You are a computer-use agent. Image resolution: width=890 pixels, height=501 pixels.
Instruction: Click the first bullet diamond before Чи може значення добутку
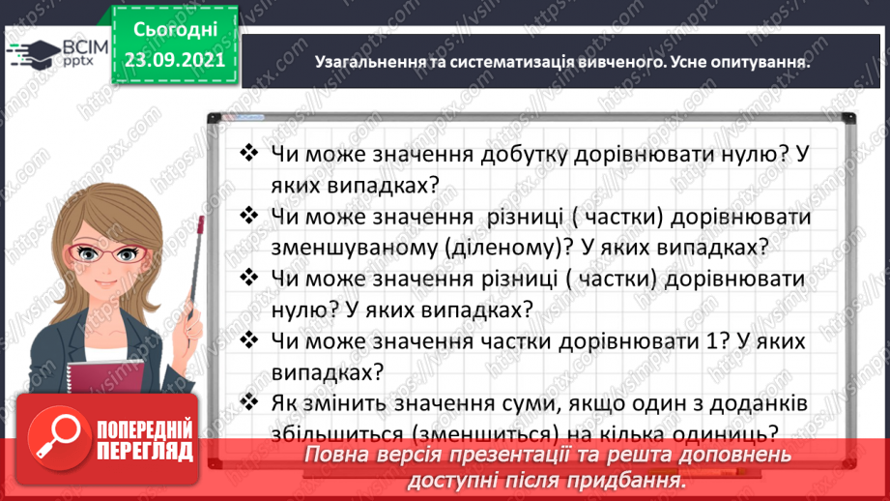[x=249, y=153]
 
